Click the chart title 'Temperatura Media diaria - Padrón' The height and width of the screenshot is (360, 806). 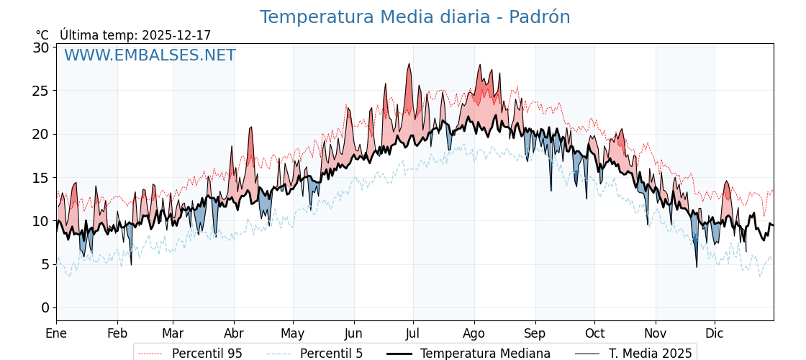click(415, 17)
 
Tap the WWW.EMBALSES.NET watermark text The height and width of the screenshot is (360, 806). click(150, 55)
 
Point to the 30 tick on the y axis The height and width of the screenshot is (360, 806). click(41, 48)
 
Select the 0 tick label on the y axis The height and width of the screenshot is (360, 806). click(45, 307)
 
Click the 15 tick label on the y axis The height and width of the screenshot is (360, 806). click(41, 177)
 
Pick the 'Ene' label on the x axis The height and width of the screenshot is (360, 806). click(56, 333)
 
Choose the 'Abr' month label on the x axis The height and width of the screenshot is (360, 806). click(234, 333)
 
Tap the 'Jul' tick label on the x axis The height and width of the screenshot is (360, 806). click(413, 333)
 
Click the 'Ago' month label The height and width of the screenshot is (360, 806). click(474, 333)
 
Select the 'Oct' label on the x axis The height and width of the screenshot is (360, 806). click(594, 333)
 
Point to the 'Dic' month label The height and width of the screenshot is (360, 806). click(715, 333)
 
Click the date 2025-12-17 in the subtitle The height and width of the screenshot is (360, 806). click(176, 35)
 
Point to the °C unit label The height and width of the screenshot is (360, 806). click(42, 35)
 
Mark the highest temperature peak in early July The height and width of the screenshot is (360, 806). click(409, 64)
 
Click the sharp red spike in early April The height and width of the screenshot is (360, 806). click(251, 127)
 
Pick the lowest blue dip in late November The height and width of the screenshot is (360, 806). click(696, 267)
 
